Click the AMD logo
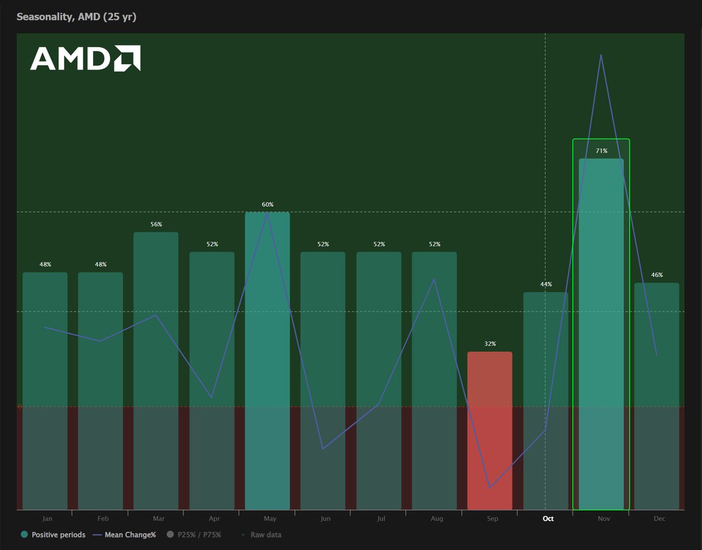click(85, 58)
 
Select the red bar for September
click(490, 430)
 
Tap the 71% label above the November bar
click(601, 151)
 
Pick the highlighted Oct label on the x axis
click(548, 518)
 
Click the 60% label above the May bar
click(267, 205)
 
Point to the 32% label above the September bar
click(490, 344)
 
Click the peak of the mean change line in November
click(601, 55)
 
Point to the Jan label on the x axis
click(47, 518)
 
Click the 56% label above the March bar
click(156, 224)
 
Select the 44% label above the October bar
click(546, 284)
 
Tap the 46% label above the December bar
click(657, 275)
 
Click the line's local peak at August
click(434, 279)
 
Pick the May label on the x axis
click(270, 518)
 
